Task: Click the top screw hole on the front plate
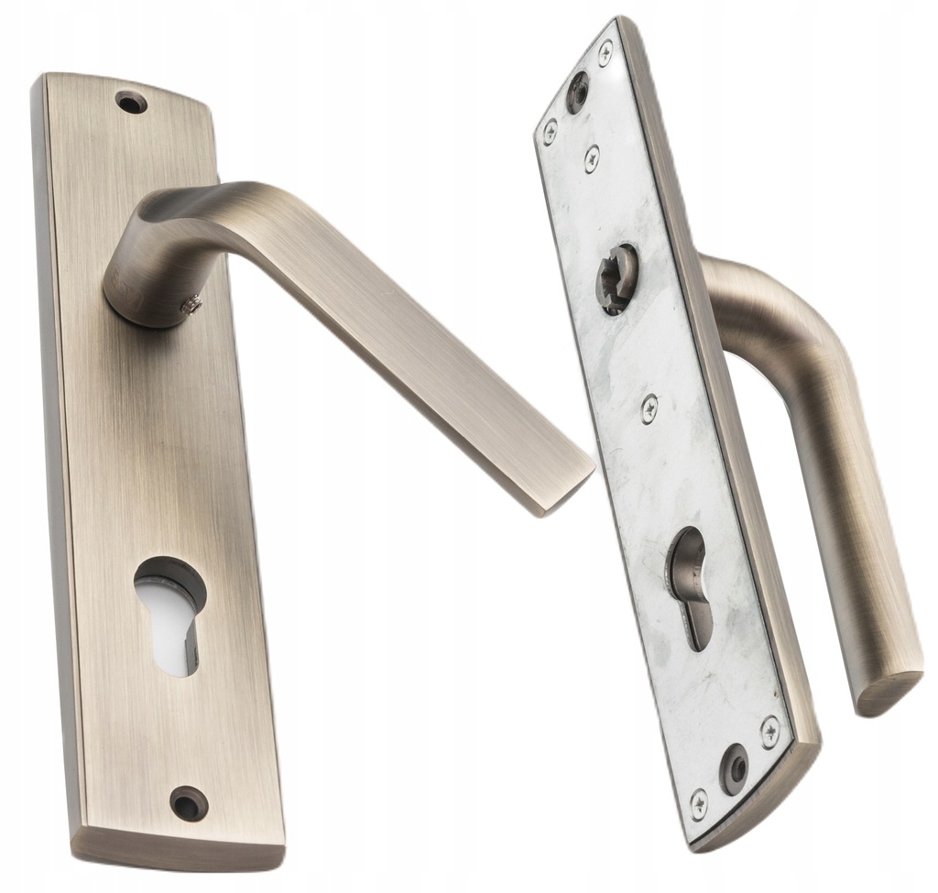(x=131, y=102)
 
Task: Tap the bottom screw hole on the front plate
(x=189, y=802)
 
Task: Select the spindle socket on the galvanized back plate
(x=616, y=278)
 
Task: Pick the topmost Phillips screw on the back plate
(x=605, y=53)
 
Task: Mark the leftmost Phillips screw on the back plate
(x=550, y=132)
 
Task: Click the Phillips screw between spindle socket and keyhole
(x=649, y=408)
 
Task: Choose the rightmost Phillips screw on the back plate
(x=769, y=731)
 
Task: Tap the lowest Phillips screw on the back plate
(x=698, y=802)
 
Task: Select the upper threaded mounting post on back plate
(x=577, y=92)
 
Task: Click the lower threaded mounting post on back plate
(x=734, y=768)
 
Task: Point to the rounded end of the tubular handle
(x=889, y=692)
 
